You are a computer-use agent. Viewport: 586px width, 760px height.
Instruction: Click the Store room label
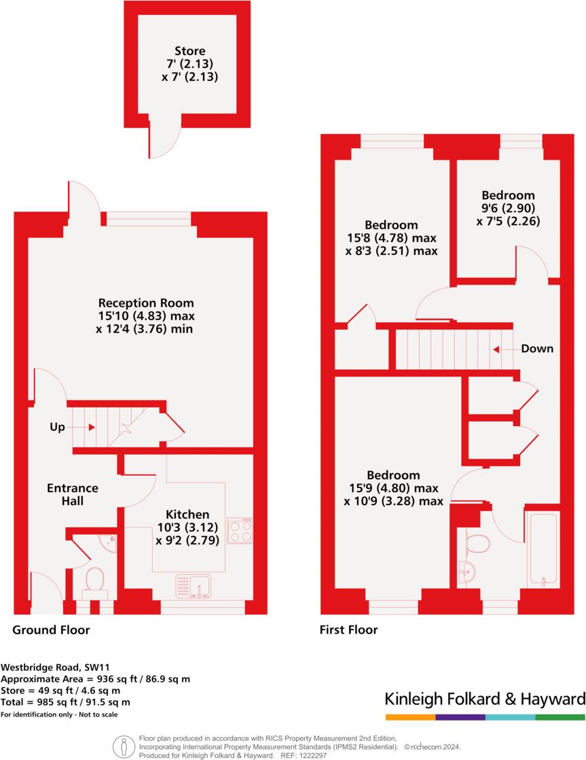click(x=189, y=51)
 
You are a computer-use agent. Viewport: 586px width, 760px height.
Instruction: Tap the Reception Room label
click(x=146, y=303)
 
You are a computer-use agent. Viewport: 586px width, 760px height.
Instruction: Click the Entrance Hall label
click(x=73, y=494)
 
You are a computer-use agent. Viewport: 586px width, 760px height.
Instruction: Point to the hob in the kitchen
click(x=240, y=531)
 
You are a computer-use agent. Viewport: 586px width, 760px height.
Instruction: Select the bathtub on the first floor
click(x=543, y=549)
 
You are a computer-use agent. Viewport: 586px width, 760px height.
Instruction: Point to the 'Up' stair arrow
click(x=90, y=427)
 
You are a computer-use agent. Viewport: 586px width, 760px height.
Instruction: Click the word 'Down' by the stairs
click(x=536, y=349)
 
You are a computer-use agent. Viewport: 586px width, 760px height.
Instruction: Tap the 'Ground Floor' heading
click(x=51, y=630)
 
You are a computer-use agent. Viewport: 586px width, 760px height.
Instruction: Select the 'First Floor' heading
click(x=348, y=630)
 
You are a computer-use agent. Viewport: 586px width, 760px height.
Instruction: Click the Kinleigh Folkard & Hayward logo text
click(x=484, y=699)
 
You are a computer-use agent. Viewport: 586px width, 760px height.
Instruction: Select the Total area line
click(x=65, y=702)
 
